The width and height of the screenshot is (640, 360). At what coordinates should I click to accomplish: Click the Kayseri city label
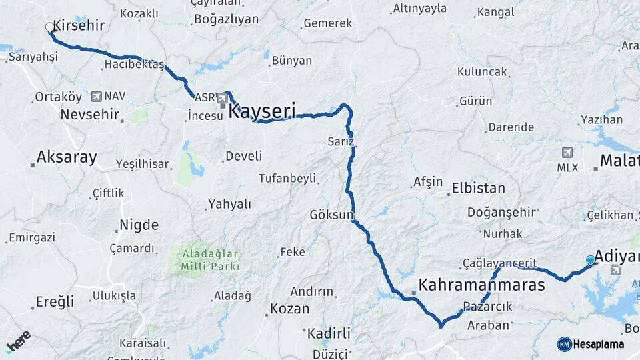(261, 111)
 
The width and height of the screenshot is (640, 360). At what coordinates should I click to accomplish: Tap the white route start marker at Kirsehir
(50, 28)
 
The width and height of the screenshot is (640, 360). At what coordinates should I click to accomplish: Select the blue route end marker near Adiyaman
(591, 260)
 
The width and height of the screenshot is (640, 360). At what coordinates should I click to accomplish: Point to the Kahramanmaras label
(481, 285)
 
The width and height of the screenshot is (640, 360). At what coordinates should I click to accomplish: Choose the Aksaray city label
(67, 157)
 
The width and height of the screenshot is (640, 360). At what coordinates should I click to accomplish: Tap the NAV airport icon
(98, 97)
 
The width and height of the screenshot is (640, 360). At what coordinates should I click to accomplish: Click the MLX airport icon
(567, 153)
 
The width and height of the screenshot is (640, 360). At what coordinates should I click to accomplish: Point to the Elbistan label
(478, 188)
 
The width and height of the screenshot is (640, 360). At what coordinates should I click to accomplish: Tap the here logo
(18, 342)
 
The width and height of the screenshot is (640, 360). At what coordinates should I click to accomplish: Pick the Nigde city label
(139, 224)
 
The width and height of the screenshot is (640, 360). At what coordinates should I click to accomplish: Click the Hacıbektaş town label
(134, 65)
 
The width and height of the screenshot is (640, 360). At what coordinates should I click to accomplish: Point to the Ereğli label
(54, 301)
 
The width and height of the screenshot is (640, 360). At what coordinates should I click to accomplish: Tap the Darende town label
(511, 127)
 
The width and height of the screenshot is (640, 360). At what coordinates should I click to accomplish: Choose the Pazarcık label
(487, 306)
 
